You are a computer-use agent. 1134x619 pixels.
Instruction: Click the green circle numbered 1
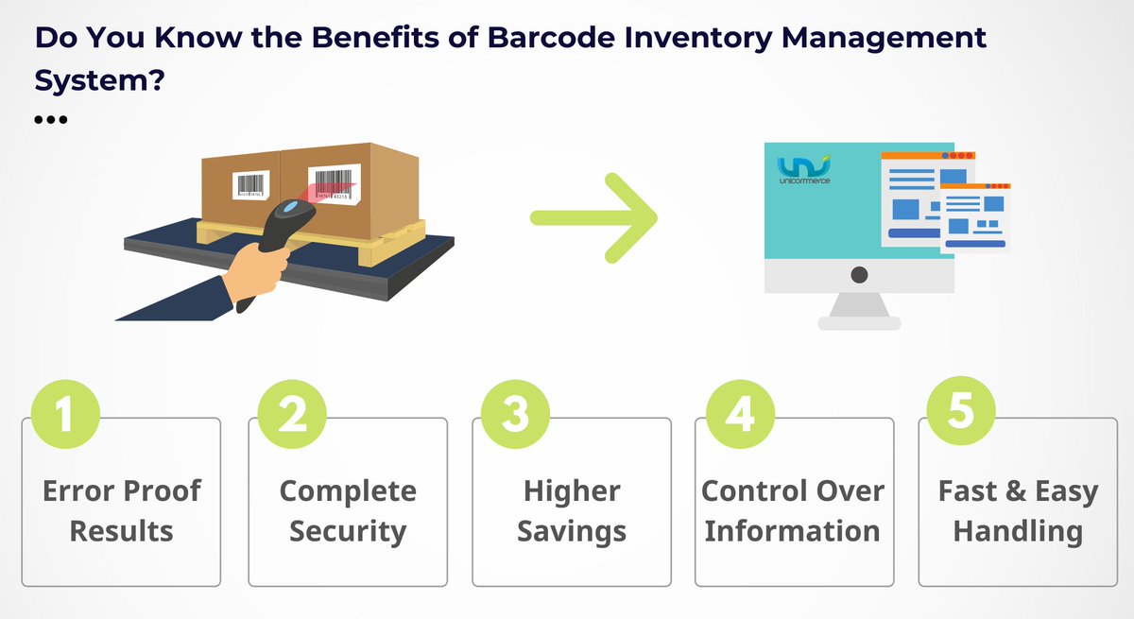(x=64, y=413)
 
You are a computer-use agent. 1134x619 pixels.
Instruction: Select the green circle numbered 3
(x=515, y=413)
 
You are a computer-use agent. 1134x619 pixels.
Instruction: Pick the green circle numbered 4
(x=740, y=413)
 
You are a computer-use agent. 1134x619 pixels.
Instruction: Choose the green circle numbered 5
(x=961, y=413)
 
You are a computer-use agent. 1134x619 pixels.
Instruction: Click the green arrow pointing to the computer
(x=593, y=217)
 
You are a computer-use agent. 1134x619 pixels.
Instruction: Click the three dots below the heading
(x=50, y=120)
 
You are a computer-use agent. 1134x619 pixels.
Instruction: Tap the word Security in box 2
(x=348, y=530)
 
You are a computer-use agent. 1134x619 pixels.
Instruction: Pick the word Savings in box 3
(x=572, y=530)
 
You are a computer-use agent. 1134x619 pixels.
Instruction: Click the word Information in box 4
(x=792, y=530)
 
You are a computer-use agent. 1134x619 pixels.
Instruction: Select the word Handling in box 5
(x=1018, y=530)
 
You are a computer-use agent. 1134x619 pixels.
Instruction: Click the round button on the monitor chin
(x=859, y=275)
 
